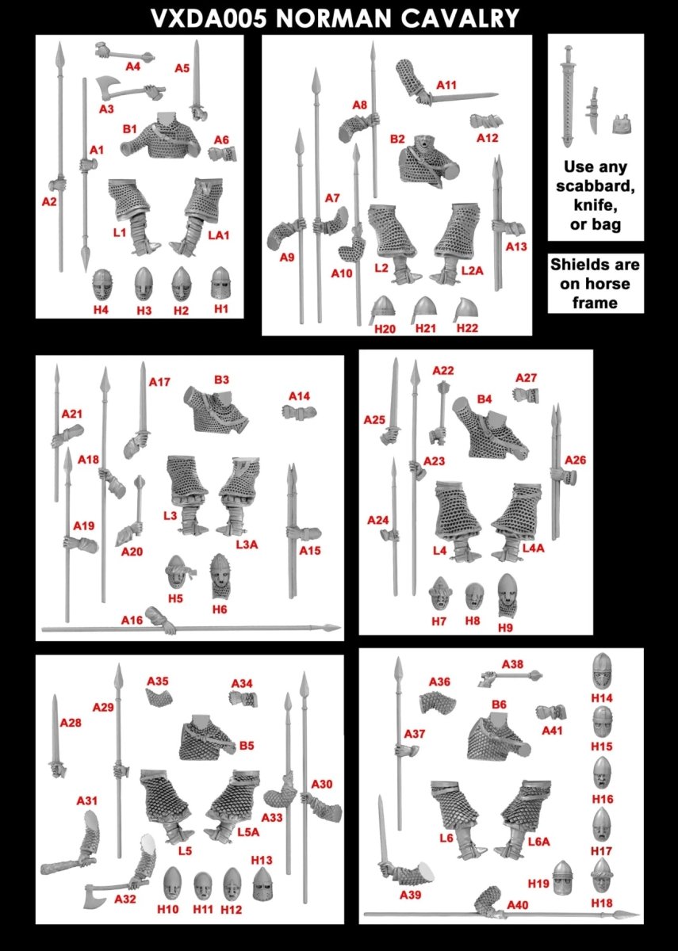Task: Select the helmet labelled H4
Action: coord(102,285)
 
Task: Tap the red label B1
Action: coord(129,129)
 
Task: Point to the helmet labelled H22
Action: coord(465,310)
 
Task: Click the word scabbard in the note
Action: coord(596,186)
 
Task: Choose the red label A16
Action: coord(132,621)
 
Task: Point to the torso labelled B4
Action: coord(490,430)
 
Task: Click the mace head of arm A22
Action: coord(442,388)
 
